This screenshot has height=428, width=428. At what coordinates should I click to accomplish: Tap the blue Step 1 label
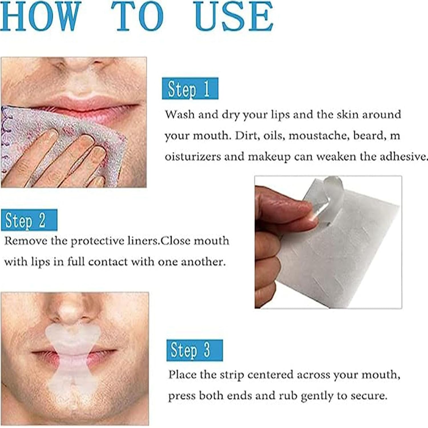[x=190, y=88]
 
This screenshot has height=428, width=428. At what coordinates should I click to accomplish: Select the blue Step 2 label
[x=29, y=220]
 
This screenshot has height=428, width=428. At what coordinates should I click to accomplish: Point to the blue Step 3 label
[x=195, y=350]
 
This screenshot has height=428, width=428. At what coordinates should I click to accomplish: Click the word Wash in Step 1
[x=179, y=115]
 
